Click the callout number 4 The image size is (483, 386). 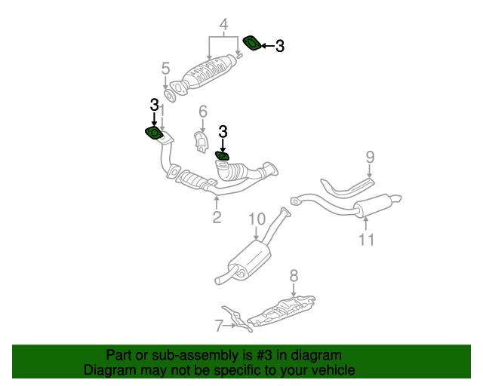pyautogui.click(x=223, y=26)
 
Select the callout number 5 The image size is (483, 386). pyautogui.click(x=165, y=69)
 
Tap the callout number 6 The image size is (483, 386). pyautogui.click(x=202, y=112)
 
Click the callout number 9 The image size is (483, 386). pyautogui.click(x=370, y=157)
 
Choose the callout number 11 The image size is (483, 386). pyautogui.click(x=366, y=240)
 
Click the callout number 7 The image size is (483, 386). pyautogui.click(x=219, y=326)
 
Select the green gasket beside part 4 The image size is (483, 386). pyautogui.click(x=252, y=43)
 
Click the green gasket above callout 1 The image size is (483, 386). pyautogui.click(x=154, y=133)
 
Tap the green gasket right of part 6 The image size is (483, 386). pyautogui.click(x=222, y=155)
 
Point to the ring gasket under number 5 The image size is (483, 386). pyautogui.click(x=171, y=96)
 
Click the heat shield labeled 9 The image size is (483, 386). pyautogui.click(x=346, y=186)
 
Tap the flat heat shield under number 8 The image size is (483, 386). pyautogui.click(x=283, y=311)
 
